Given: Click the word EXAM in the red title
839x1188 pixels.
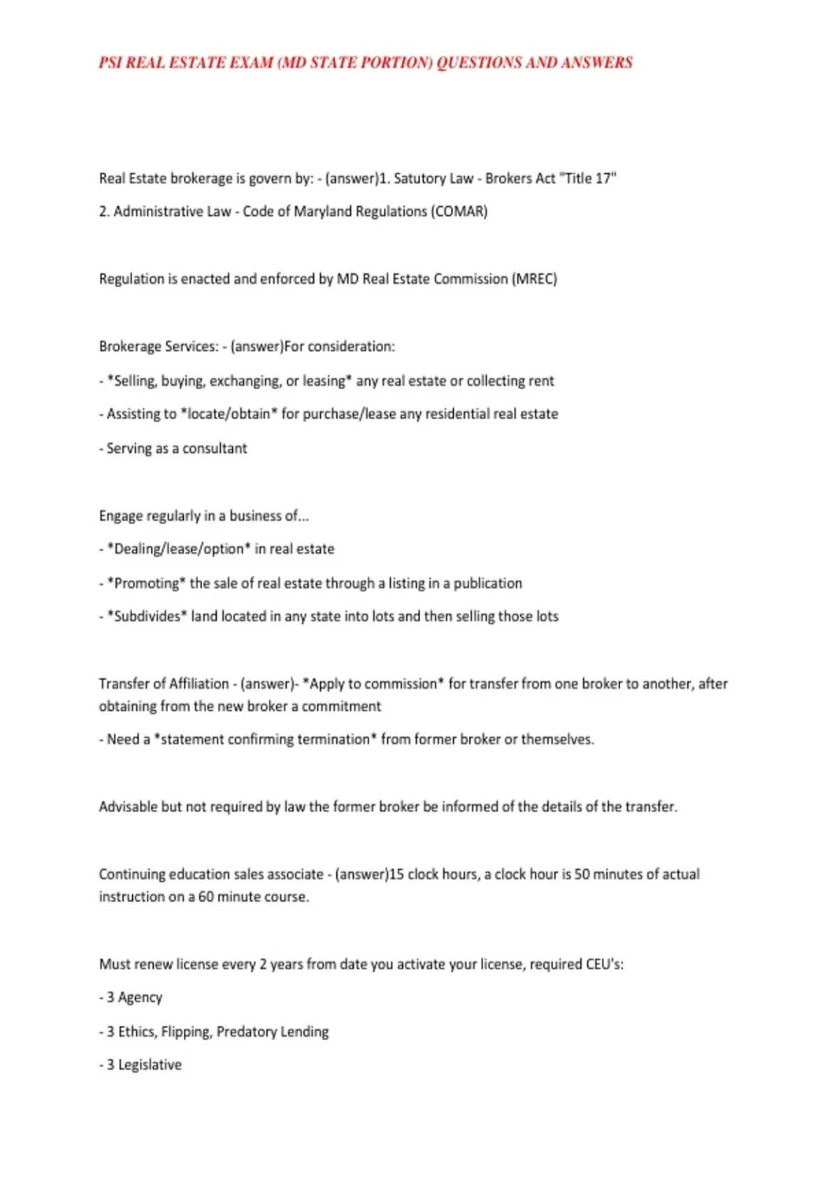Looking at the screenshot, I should [250, 63].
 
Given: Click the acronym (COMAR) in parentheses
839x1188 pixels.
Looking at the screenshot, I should [459, 211].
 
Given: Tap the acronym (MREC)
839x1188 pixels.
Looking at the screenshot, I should [534, 279].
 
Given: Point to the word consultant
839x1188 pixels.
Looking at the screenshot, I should [215, 448].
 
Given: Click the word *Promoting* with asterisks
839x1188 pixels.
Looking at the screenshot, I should [146, 583].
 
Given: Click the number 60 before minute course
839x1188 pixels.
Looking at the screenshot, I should [206, 897].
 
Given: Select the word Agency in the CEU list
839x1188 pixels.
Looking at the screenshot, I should [140, 997].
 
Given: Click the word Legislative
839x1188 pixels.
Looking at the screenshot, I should [150, 1065].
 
